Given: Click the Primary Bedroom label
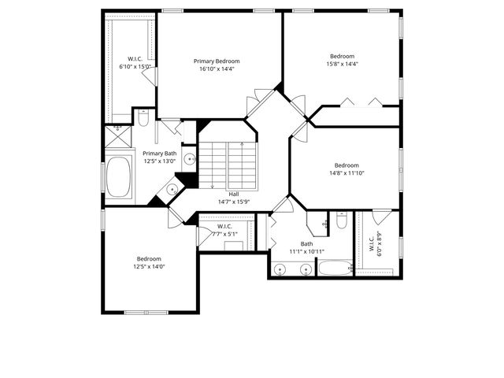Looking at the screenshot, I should coord(217,61).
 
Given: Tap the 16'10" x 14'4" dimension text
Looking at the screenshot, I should coord(217,69).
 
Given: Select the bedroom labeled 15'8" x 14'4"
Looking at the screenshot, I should coord(342,61).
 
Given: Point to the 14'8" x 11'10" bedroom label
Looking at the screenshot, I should coord(343,169).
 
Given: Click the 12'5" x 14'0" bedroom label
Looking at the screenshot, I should coord(149,262).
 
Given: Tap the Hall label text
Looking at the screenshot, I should coord(234,194).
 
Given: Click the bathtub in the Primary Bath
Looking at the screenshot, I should coord(120,178).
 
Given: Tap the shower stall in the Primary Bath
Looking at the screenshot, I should coord(118,137).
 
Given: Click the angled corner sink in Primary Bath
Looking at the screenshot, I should coord(172,190).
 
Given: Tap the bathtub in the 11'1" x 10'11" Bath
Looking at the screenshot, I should coord(335,269).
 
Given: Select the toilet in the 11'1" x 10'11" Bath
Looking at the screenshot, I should coord(341,222).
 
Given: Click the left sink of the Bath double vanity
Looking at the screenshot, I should coord(281,269).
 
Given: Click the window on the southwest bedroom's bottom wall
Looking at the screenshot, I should coord(146,312).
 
